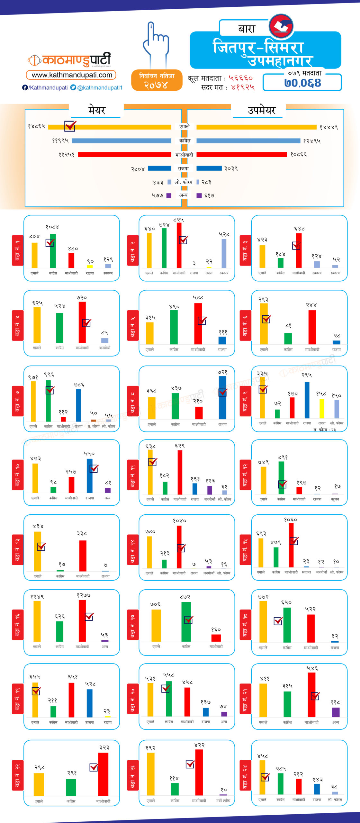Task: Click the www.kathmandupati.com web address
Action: pos(72,75)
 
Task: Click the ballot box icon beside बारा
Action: pos(281,25)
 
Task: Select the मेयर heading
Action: pos(97,110)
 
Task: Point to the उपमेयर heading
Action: pos(261,110)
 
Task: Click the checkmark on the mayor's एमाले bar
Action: pos(70,126)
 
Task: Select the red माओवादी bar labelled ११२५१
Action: pos(124,155)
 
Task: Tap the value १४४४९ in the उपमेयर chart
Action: pos(328,128)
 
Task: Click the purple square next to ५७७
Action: pos(169,195)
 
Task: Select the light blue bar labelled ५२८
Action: pos(224,253)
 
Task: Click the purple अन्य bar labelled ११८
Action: pos(336,712)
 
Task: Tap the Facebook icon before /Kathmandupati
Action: pos(25,87)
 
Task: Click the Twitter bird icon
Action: pos(73,87)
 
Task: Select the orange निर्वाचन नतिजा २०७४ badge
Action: pos(157,80)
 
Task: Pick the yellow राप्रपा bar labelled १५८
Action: pos(322,408)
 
